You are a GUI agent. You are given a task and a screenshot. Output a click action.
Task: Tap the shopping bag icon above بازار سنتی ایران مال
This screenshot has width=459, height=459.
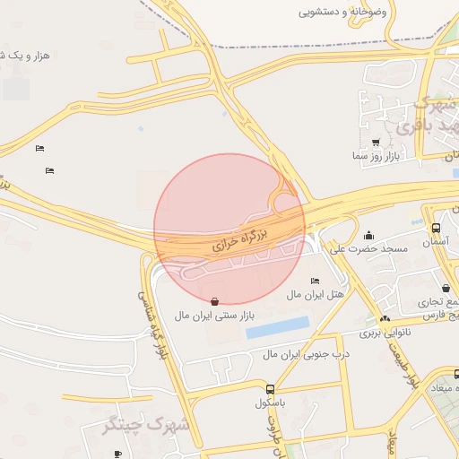click(x=213, y=301)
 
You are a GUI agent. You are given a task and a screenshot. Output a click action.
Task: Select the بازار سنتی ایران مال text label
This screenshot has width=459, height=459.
click(x=214, y=316)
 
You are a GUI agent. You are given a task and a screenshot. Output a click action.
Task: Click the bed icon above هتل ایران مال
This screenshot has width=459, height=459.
click(x=314, y=281)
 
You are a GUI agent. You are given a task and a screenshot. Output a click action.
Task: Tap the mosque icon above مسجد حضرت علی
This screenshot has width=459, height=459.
click(x=369, y=234)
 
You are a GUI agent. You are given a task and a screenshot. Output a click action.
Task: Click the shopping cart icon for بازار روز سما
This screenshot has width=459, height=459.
click(x=375, y=143)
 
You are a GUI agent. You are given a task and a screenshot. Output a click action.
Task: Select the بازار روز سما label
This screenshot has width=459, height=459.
click(x=374, y=156)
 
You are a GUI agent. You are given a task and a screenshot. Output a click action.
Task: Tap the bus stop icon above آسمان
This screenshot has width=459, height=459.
click(x=436, y=228)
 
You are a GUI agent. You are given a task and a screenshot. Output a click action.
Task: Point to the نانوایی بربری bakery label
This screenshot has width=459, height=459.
click(x=385, y=333)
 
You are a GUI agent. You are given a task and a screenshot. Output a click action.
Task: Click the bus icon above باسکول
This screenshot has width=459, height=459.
click(x=271, y=388)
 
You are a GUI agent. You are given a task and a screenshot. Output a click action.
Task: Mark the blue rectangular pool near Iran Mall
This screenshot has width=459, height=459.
click(x=278, y=327)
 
